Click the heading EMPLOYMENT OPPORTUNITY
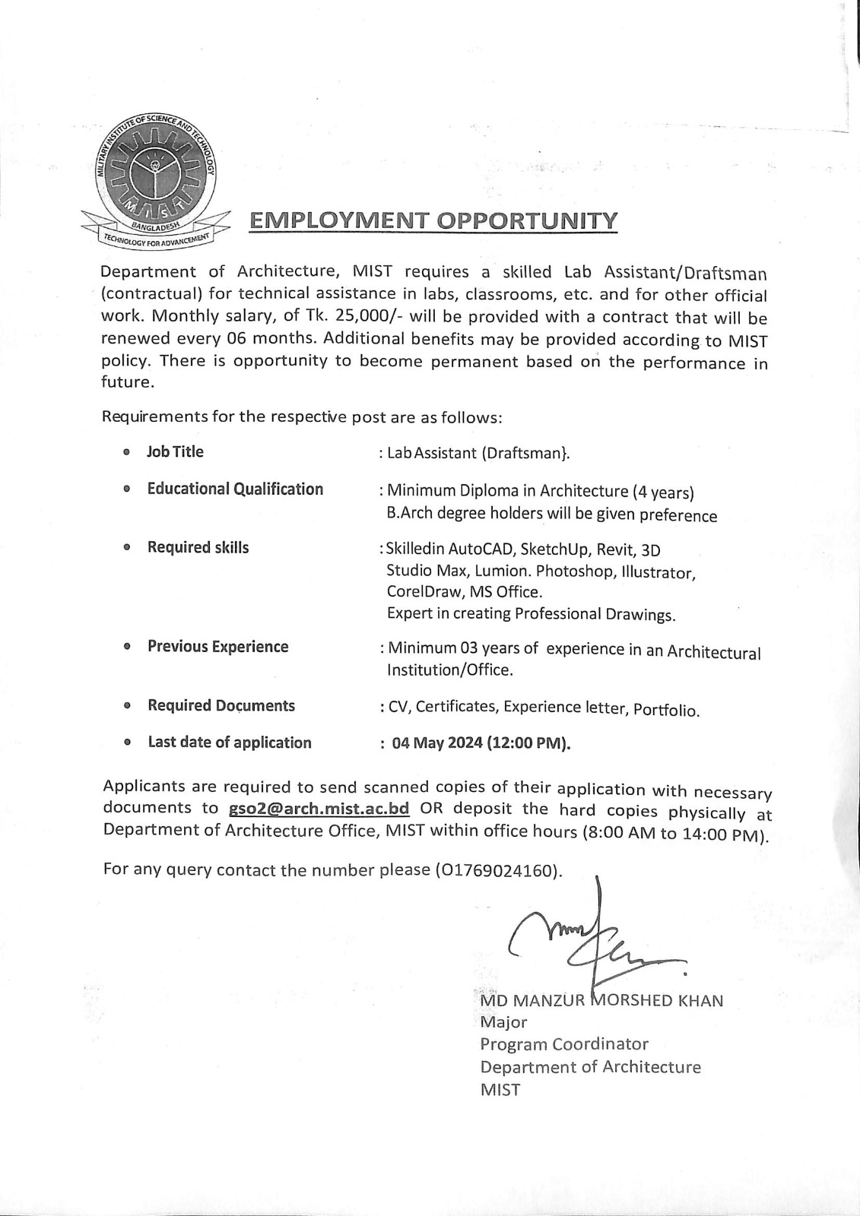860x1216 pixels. (x=433, y=221)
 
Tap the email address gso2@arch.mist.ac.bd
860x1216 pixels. (x=319, y=808)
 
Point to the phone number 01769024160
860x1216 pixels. (x=499, y=871)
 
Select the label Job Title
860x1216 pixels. (x=175, y=451)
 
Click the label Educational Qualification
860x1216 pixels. (x=235, y=489)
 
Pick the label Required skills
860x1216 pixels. (x=198, y=547)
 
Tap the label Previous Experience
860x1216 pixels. (x=217, y=647)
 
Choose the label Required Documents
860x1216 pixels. (x=221, y=705)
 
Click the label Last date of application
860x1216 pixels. (x=229, y=743)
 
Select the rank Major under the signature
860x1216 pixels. (x=503, y=1022)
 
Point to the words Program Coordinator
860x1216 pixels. (x=564, y=1044)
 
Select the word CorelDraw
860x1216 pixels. (x=421, y=592)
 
